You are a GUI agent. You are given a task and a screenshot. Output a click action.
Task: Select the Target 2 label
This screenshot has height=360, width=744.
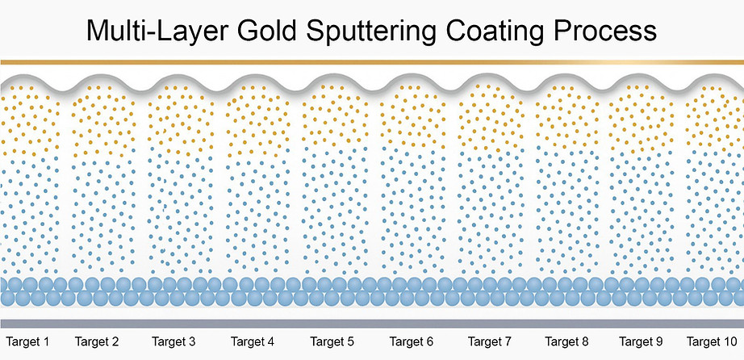click(x=96, y=342)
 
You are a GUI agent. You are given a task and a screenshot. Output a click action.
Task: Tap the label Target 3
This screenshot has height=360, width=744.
click(x=173, y=342)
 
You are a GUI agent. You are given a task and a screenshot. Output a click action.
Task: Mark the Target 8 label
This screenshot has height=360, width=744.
click(x=567, y=342)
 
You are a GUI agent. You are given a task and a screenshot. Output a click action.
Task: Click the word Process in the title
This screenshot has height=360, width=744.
click(x=621, y=32)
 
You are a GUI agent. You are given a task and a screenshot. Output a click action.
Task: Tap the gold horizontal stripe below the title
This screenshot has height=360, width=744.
click(x=371, y=61)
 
